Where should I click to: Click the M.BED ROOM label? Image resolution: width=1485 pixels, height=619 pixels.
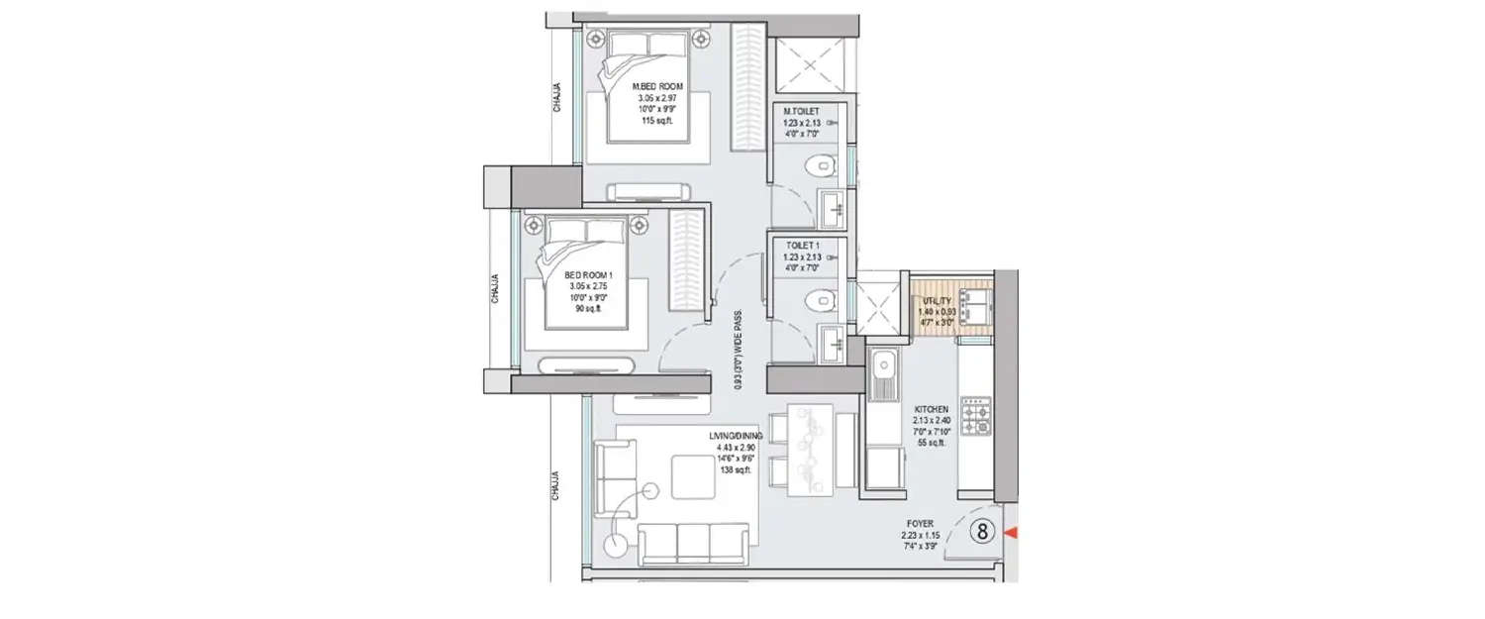(658, 87)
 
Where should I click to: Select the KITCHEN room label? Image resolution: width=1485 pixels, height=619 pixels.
(932, 408)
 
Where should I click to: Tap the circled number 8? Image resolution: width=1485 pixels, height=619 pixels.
(983, 532)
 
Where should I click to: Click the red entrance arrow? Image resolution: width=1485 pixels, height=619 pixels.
(1010, 534)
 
